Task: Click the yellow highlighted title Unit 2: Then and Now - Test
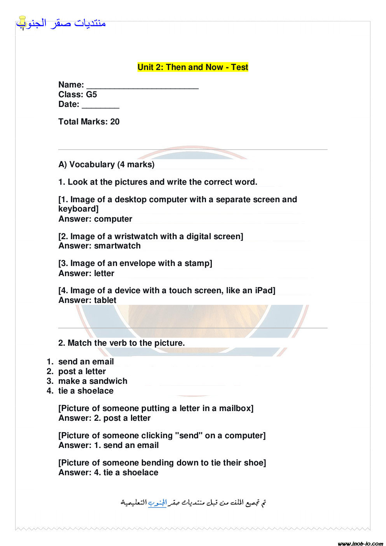pos(193,67)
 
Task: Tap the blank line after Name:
pos(142,86)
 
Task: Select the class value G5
pos(91,94)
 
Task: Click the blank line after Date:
pos(100,105)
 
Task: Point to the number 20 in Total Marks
pos(115,122)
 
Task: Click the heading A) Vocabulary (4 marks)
pos(107,164)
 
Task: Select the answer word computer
pos(113,219)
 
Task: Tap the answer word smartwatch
pos(117,246)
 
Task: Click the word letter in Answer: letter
pos(104,273)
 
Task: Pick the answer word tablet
pos(105,300)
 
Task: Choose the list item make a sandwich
pos(93,381)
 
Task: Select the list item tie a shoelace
pos(86,391)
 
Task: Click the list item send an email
pos(86,362)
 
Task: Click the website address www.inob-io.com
pos(360,543)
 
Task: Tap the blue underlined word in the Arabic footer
pos(157,503)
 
